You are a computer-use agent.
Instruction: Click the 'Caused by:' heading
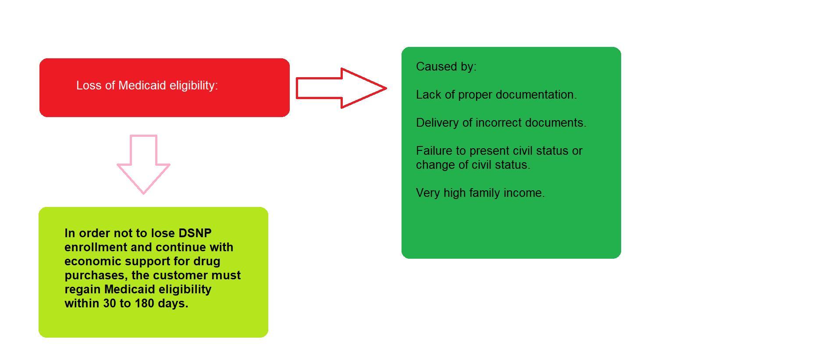tap(446, 67)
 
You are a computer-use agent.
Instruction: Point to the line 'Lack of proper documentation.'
tap(496, 95)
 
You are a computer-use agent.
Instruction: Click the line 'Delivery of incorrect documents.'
tap(501, 123)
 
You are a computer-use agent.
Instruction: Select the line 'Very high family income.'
tap(480, 193)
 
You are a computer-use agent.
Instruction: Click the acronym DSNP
tap(195, 233)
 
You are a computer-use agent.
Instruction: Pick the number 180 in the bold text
tap(145, 303)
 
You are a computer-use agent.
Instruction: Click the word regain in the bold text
tap(82, 290)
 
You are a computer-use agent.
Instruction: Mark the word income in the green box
tap(525, 193)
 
